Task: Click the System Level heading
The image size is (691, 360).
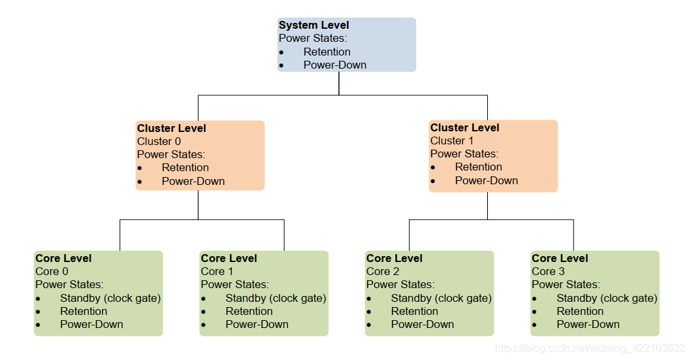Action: (x=313, y=25)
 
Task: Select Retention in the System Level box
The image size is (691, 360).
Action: (x=327, y=52)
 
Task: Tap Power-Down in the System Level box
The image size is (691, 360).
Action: (x=334, y=65)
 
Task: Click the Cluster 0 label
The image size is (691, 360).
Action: (x=159, y=141)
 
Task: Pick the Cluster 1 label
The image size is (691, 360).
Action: (x=452, y=140)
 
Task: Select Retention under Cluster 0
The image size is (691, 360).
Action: (x=185, y=167)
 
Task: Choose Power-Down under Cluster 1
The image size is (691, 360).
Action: (x=486, y=180)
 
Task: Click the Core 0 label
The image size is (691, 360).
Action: (x=52, y=271)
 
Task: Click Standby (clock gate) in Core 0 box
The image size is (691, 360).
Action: (x=110, y=298)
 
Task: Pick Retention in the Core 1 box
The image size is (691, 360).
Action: (x=249, y=311)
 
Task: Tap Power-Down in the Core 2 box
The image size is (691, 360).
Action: (x=422, y=324)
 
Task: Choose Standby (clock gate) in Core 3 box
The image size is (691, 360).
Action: (x=606, y=298)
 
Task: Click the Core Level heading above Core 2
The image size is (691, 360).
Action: (x=394, y=258)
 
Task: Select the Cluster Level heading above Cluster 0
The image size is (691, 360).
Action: (x=171, y=128)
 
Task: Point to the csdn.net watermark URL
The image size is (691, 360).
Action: (x=590, y=348)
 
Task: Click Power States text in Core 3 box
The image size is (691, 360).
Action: (x=564, y=284)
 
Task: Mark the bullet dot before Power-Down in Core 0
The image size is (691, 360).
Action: (x=38, y=325)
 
